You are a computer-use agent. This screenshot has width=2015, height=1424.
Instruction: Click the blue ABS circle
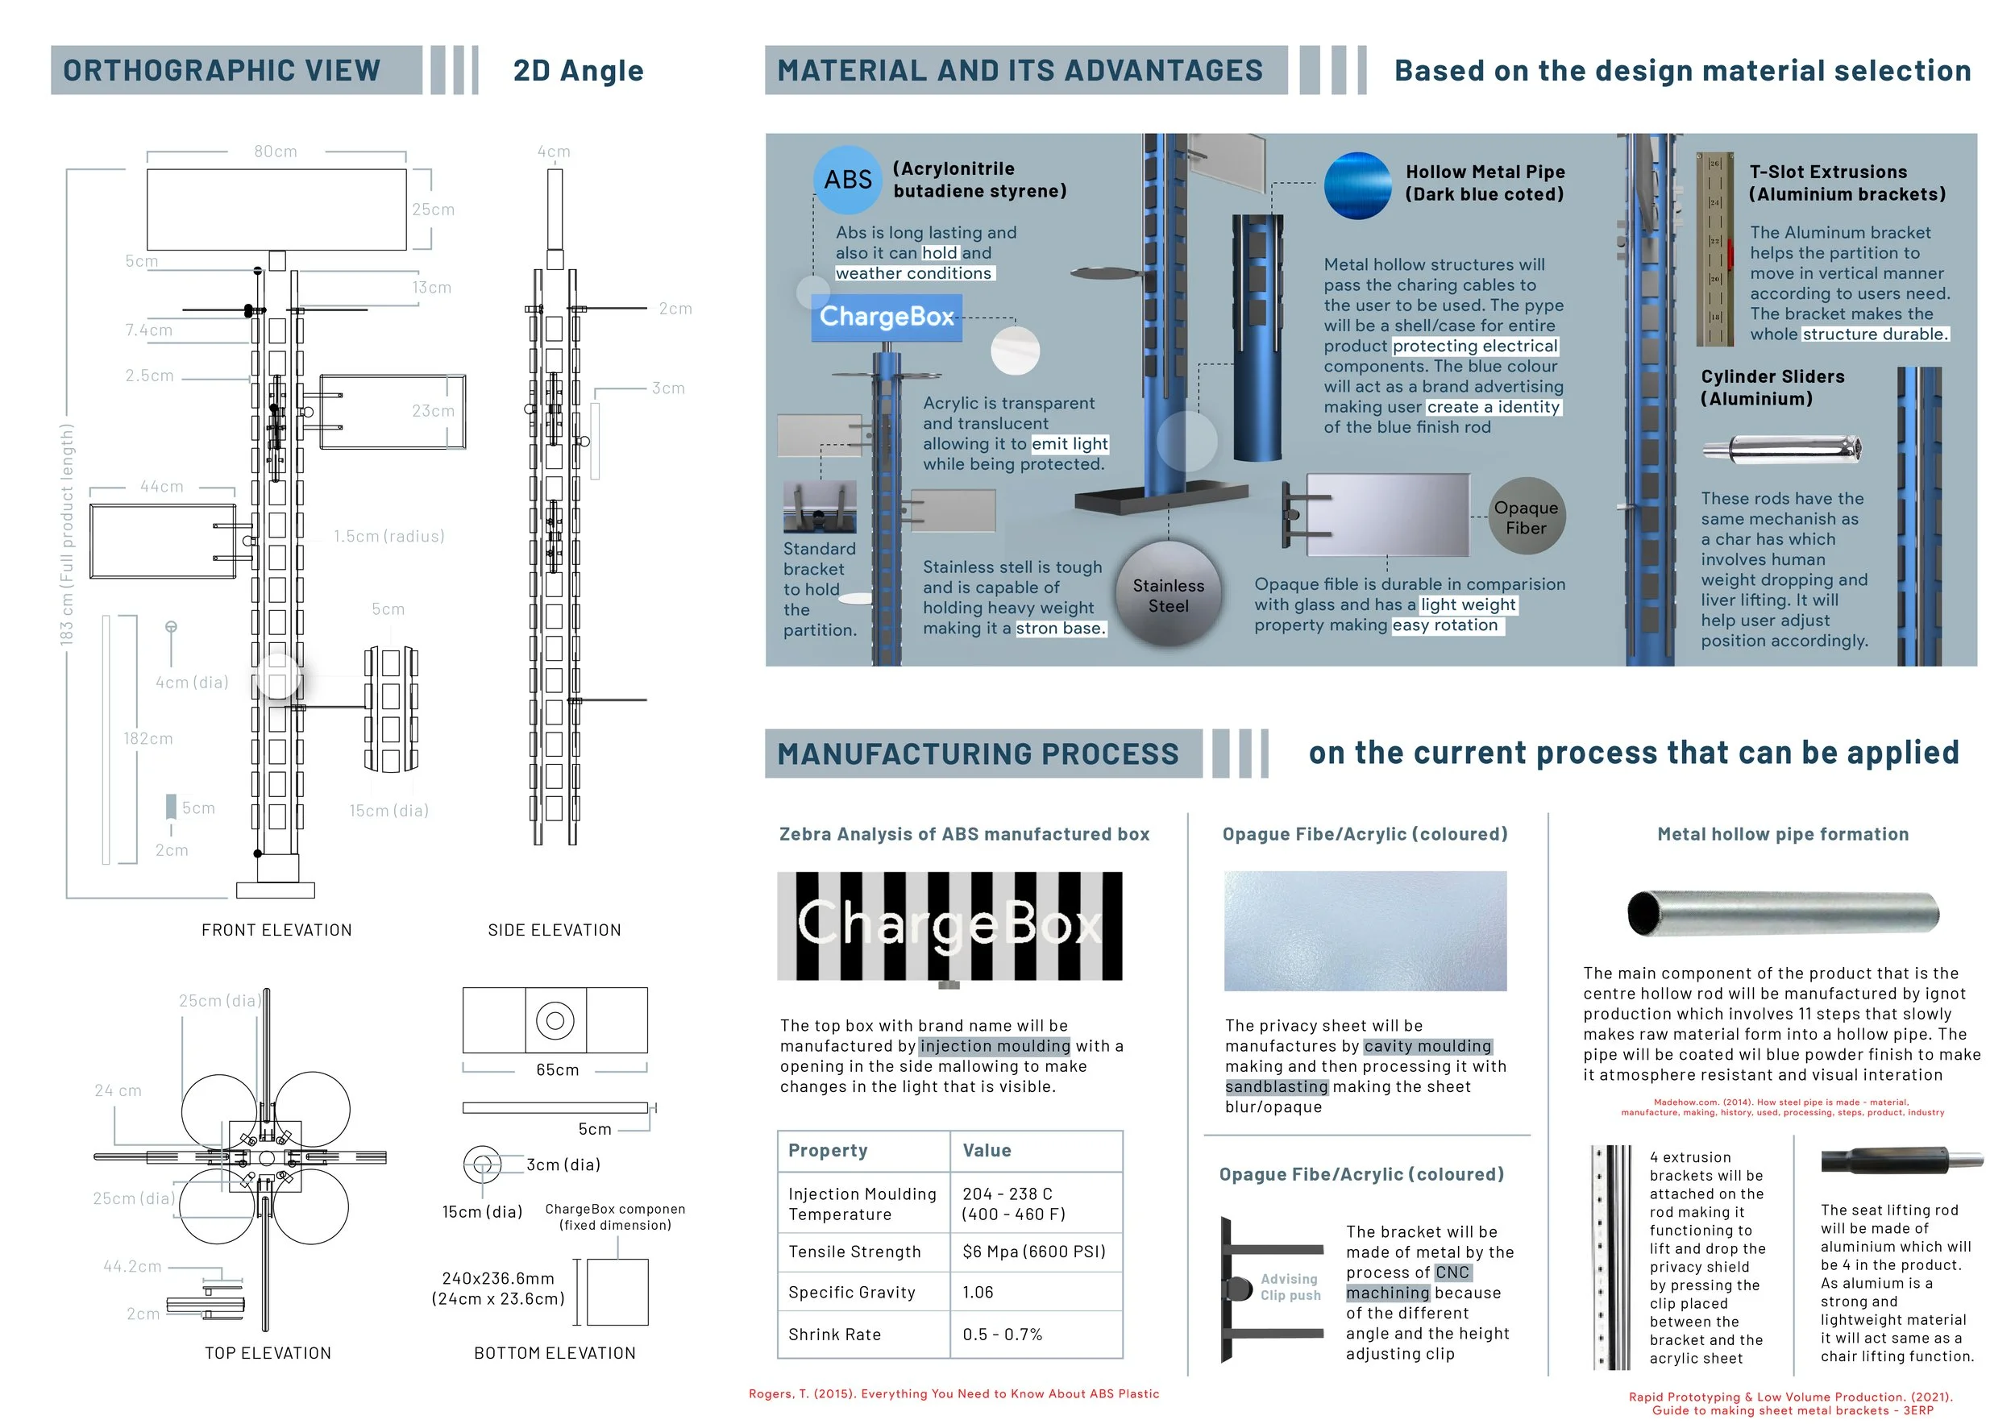[x=847, y=180]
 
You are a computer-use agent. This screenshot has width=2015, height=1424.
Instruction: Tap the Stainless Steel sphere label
[x=1168, y=596]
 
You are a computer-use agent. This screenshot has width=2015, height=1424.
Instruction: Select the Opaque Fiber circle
[x=1527, y=517]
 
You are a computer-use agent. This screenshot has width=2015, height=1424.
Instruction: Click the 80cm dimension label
[x=276, y=151]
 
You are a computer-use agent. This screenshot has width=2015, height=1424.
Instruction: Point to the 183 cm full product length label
[x=67, y=534]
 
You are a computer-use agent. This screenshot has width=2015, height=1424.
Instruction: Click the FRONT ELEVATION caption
[x=276, y=930]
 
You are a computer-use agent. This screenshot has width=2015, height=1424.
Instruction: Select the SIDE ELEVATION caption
[x=554, y=930]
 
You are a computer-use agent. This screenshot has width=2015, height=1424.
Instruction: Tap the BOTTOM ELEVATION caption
[x=555, y=1353]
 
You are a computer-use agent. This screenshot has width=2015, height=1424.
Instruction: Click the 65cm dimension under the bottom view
[x=557, y=1069]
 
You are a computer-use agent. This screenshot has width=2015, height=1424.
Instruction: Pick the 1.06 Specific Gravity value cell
[x=978, y=1293]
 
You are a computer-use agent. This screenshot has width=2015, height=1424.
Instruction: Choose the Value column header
[x=987, y=1150]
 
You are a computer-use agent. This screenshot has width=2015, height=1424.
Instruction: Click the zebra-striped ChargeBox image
[x=949, y=926]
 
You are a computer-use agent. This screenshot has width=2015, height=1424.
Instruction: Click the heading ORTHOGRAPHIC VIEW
[x=222, y=70]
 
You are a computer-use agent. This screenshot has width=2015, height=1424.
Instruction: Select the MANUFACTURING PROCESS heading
[x=978, y=754]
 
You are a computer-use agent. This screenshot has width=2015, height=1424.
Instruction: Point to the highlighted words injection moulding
[x=995, y=1046]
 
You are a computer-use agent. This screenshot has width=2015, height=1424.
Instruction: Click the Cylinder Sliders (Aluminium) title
[x=1772, y=387]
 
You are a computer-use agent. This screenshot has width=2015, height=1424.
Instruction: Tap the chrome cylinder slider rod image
[x=1781, y=449]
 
